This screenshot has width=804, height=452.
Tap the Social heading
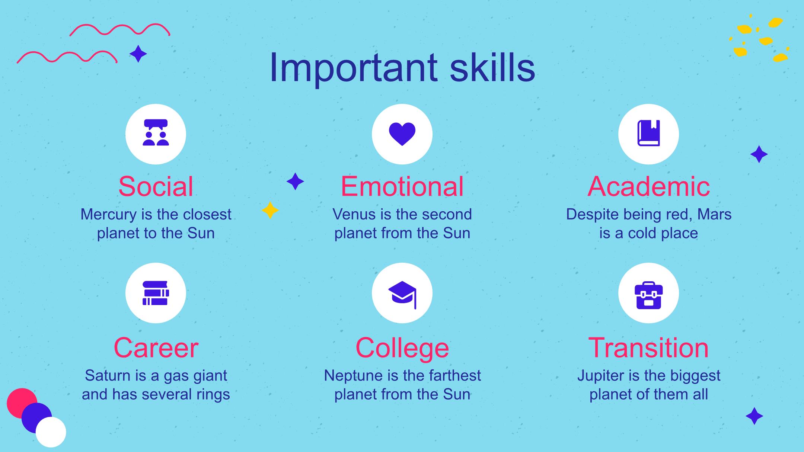click(156, 186)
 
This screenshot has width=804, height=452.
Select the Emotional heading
click(402, 186)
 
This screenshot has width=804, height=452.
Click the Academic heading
click(648, 186)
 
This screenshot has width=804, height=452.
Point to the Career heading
click(156, 348)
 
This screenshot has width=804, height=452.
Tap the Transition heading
click(648, 348)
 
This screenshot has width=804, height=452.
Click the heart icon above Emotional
click(402, 134)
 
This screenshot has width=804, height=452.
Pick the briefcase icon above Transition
click(648, 295)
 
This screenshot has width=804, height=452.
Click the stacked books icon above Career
click(156, 293)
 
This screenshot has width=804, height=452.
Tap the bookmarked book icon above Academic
click(648, 133)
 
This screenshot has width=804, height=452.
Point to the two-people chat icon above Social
click(156, 132)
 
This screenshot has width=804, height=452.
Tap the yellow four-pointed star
click(270, 210)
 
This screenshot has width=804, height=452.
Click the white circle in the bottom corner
click(51, 432)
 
